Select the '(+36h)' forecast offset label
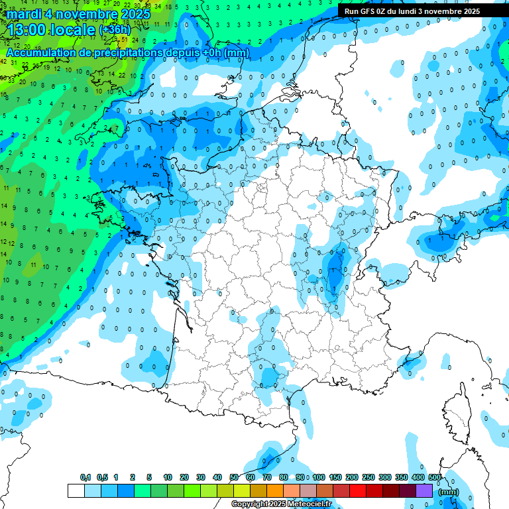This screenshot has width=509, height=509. (x=115, y=30)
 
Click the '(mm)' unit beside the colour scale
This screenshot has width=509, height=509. (x=449, y=492)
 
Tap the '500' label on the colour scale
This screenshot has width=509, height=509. (x=435, y=478)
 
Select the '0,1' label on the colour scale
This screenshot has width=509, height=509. (x=85, y=478)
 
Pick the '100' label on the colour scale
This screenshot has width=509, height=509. (x=319, y=478)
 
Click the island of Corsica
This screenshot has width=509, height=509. (x=457, y=411)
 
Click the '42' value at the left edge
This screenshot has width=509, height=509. (x=4, y=62)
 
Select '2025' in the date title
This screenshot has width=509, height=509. (x=133, y=13)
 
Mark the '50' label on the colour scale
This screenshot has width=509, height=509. (x=234, y=478)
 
